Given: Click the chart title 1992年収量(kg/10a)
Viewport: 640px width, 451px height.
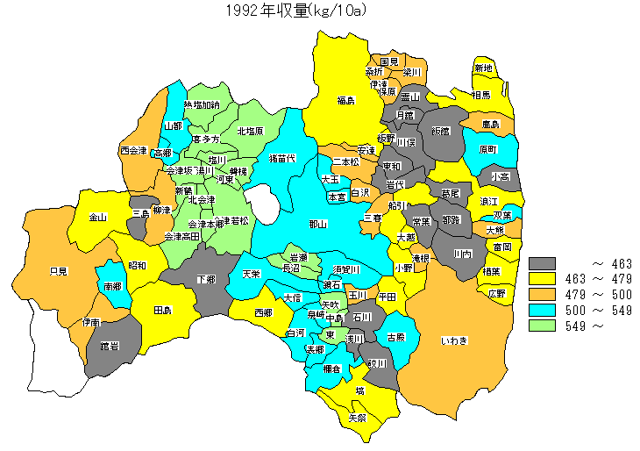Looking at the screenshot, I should click(x=295, y=11).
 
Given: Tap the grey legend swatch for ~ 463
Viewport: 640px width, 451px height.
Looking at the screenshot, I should click(x=544, y=262).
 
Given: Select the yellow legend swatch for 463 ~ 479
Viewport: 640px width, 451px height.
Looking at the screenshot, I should click(x=544, y=278).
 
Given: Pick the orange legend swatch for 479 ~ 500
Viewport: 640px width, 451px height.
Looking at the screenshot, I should click(x=544, y=294).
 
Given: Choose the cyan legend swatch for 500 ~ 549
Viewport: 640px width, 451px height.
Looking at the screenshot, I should click(x=544, y=310).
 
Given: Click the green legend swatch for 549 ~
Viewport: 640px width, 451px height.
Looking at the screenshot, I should click(x=544, y=326).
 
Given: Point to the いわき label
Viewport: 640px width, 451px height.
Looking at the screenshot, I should click(x=454, y=340).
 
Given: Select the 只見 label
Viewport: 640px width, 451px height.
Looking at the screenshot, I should click(x=59, y=271).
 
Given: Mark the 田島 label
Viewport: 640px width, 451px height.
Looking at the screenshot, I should click(x=162, y=311).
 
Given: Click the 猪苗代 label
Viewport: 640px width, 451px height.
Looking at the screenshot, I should click(x=281, y=158).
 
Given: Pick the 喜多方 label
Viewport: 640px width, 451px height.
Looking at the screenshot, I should click(x=206, y=140).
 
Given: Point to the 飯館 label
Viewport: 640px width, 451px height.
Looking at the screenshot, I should click(x=438, y=131).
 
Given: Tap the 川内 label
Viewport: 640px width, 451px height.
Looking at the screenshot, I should click(x=463, y=254).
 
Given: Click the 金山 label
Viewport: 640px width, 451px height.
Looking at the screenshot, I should click(x=97, y=217).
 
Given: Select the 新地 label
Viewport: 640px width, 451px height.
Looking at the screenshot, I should click(x=483, y=68).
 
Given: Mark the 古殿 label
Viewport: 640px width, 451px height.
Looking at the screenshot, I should click(x=395, y=337).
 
